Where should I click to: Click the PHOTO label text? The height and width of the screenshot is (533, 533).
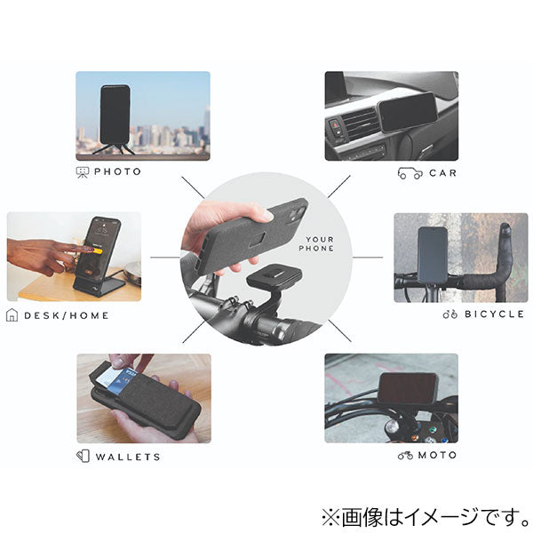tap(117, 171)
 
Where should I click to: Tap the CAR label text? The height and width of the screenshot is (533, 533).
tap(443, 173)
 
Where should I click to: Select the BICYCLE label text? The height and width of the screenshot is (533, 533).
tap(494, 314)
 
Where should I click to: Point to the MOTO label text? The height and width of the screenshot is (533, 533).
tap(437, 455)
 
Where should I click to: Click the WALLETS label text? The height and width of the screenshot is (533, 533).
tap(128, 457)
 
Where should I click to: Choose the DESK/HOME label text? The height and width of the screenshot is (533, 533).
tap(67, 315)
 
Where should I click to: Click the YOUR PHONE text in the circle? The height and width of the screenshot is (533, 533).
tap(316, 243)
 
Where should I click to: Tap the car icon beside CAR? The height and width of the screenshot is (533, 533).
tap(410, 173)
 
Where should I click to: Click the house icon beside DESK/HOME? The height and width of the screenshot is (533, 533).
tap(12, 315)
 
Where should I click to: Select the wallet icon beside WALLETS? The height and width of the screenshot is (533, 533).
tap(83, 457)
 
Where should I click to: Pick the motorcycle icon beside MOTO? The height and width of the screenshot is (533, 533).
tap(406, 455)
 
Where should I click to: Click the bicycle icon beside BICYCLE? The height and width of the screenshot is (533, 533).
tap(450, 314)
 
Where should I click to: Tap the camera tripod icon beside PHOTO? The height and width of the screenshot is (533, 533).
tap(83, 172)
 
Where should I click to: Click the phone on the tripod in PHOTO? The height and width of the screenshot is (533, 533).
tap(115, 115)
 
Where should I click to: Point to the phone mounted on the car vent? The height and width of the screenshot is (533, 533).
tap(407, 112)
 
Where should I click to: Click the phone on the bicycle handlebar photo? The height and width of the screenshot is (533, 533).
tap(433, 255)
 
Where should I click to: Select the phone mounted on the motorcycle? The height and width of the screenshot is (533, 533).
tap(407, 388)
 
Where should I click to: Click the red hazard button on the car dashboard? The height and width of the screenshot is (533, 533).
tap(336, 125)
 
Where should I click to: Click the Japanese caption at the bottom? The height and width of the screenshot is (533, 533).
tap(426, 517)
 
